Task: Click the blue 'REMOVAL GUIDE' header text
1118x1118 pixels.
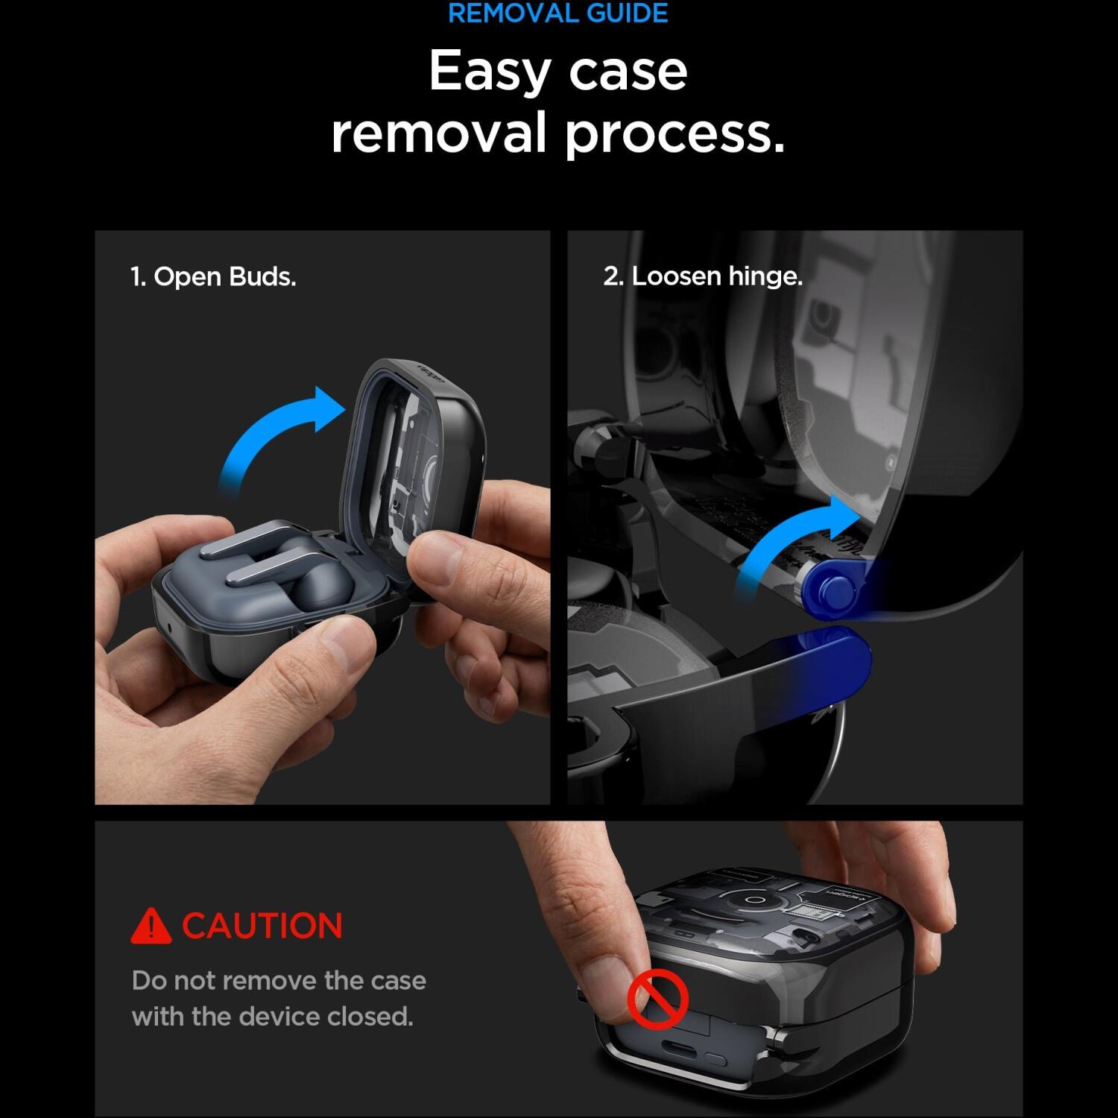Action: click(558, 13)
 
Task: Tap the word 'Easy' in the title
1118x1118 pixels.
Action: click(488, 72)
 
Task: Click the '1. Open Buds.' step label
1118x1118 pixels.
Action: click(213, 277)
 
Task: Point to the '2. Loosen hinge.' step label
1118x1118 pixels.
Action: click(703, 277)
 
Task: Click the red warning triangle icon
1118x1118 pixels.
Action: click(151, 926)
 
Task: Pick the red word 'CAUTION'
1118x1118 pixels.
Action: click(262, 926)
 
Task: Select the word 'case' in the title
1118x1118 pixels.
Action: click(628, 72)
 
